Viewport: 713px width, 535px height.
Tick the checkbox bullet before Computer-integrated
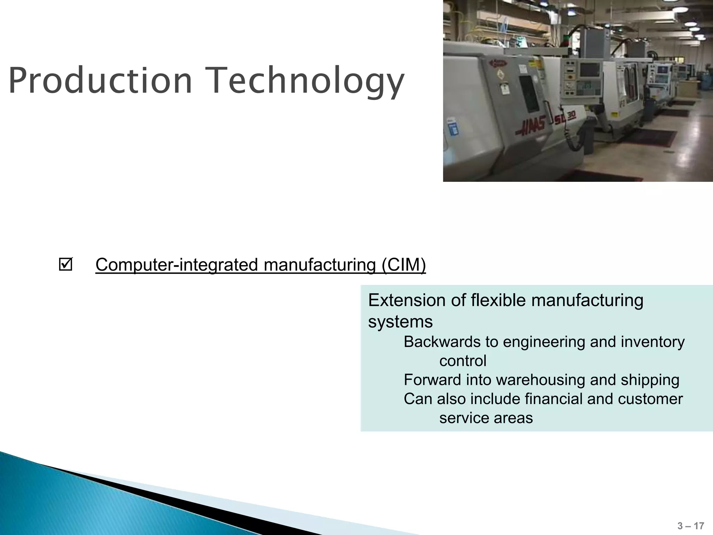pyautogui.click(x=65, y=264)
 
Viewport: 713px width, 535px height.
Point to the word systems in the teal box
pyautogui.click(x=400, y=321)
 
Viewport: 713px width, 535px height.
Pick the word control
pyautogui.click(x=462, y=361)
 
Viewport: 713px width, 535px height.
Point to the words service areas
pyautogui.click(x=486, y=418)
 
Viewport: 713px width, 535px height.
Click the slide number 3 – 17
pyautogui.click(x=691, y=526)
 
